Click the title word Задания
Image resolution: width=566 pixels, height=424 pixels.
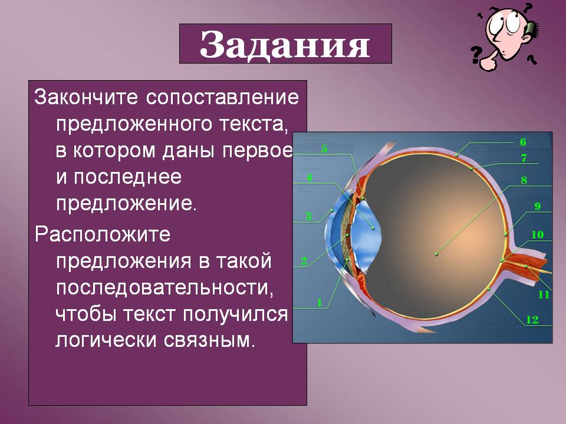coord(285,45)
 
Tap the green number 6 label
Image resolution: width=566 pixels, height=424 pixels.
coord(523,142)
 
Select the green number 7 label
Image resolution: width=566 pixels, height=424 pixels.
coord(524,158)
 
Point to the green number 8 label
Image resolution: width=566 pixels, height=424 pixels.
coord(524,180)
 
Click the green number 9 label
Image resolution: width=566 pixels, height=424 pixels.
coord(538,206)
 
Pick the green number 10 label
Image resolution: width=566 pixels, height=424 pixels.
coord(538,235)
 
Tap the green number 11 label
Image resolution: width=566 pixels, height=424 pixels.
coord(544,294)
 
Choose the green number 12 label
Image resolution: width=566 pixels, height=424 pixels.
coord(532,320)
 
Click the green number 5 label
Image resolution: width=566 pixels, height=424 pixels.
coord(324,148)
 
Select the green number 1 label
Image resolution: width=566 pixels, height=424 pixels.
coord(319,302)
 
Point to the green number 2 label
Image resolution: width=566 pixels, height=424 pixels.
coord(304,261)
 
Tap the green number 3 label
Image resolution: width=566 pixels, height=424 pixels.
coord(308,216)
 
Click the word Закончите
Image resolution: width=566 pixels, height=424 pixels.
coord(86,97)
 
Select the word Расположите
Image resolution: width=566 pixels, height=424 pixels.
coord(103,234)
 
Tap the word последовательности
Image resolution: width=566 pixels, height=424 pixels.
coord(164,288)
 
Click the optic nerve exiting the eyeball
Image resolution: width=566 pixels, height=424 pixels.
coord(527,265)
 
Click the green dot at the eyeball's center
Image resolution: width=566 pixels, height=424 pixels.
coord(436,254)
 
